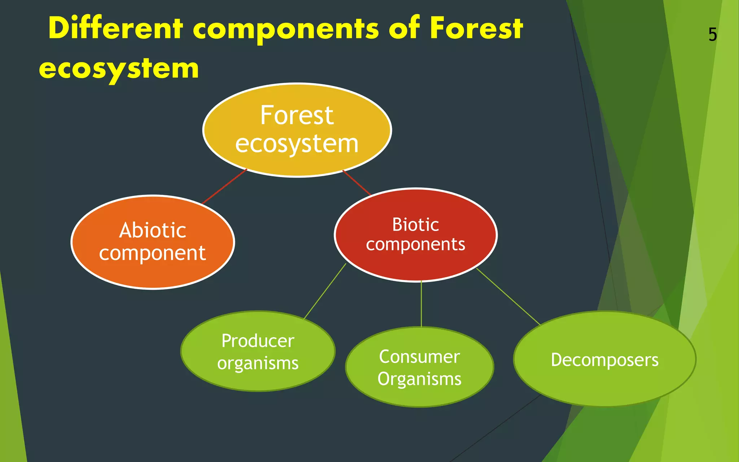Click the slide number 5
tap(712, 35)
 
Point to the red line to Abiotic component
tap(224, 186)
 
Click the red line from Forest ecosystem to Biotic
tap(357, 183)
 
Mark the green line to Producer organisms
tap(325, 292)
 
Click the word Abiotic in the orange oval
tap(153, 230)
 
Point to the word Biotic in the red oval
tap(416, 225)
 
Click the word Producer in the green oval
tap(258, 341)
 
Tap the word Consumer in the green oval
tap(419, 357)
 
